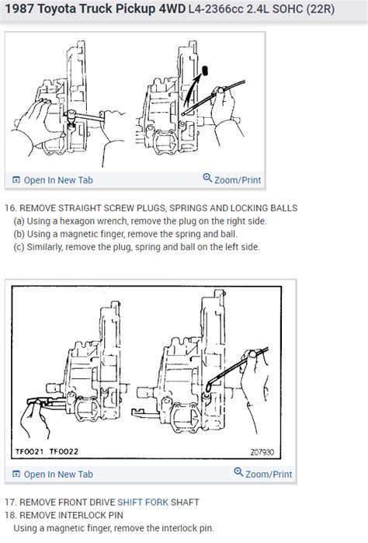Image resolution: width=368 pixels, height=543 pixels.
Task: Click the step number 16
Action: [10, 209]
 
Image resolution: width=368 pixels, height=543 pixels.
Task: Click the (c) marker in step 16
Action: [18, 247]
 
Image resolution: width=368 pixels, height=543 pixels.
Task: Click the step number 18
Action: [10, 515]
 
